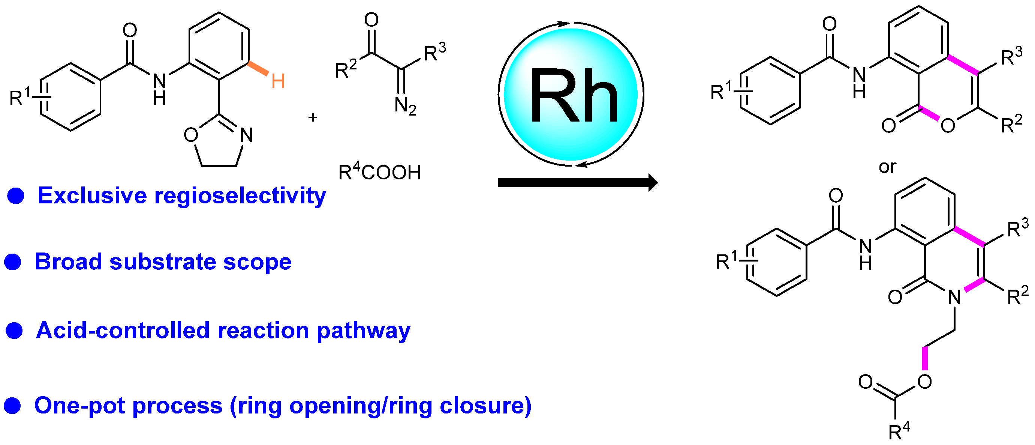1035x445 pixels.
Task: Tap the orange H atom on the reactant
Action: [278, 81]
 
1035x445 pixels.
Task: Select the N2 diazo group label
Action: [405, 106]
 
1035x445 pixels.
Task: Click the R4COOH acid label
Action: [379, 172]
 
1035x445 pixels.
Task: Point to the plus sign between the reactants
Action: [313, 117]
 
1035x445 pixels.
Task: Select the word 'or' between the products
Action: [887, 167]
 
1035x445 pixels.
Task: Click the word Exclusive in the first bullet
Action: [92, 196]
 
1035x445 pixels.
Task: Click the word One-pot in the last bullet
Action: [80, 405]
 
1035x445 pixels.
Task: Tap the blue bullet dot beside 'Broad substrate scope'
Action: [12, 262]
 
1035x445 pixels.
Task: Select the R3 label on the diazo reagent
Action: [435, 53]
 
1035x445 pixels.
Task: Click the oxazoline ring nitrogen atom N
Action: [247, 135]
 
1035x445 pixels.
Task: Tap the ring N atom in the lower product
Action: [955, 298]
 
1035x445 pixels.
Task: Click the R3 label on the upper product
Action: [1011, 57]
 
